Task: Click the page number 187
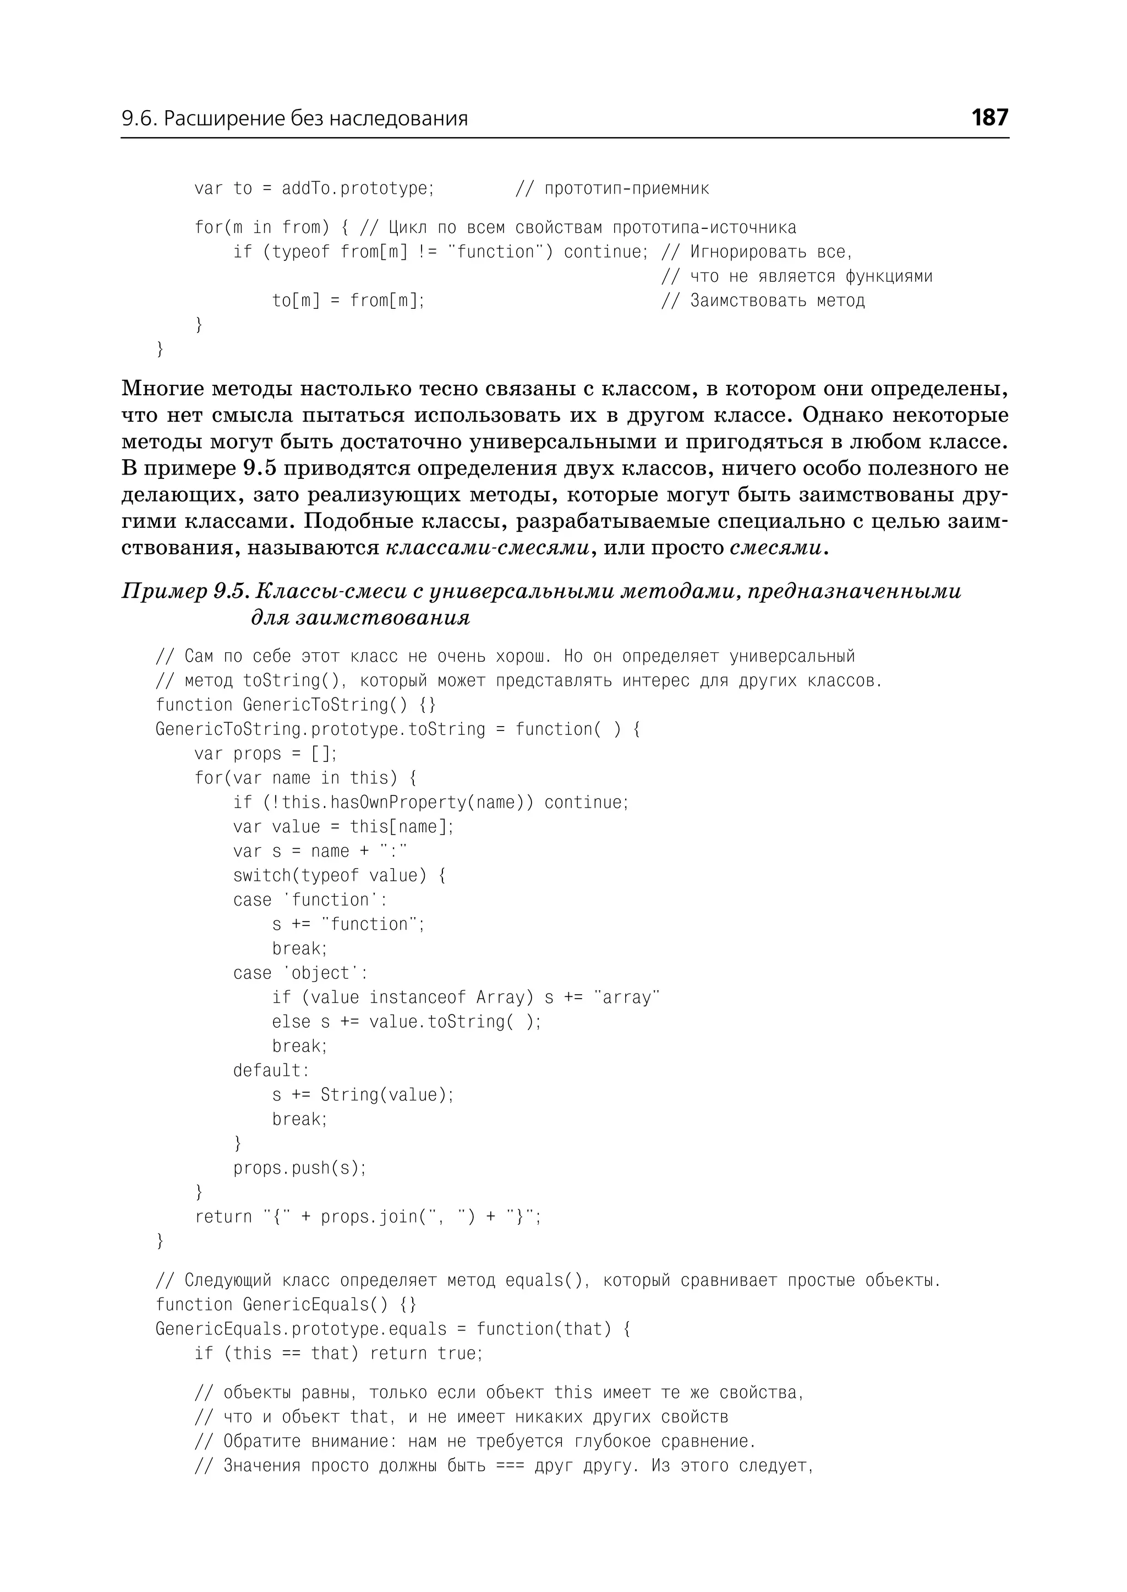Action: pos(989,117)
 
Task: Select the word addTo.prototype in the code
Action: pos(357,188)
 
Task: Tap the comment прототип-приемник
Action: pos(626,188)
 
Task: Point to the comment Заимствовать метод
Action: pos(776,300)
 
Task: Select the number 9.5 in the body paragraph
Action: pos(260,468)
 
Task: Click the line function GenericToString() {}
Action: pos(296,704)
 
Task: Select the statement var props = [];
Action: pos(265,753)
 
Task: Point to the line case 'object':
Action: pos(300,973)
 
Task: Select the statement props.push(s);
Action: pos(299,1168)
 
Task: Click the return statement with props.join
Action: pos(368,1217)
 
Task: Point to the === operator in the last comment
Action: pos(510,1465)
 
